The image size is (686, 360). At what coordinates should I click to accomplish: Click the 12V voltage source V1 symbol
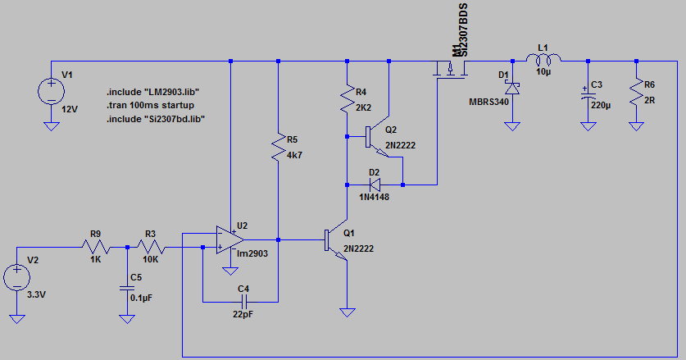(51, 89)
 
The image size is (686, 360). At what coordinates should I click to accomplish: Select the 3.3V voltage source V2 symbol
(16, 278)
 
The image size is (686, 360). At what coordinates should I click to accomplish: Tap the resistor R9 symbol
(96, 247)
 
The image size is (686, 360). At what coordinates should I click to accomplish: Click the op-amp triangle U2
(230, 240)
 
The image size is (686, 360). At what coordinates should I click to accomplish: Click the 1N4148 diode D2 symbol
(376, 184)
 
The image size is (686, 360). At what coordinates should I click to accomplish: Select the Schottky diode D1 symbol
(513, 87)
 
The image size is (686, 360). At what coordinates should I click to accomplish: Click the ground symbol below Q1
(348, 312)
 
